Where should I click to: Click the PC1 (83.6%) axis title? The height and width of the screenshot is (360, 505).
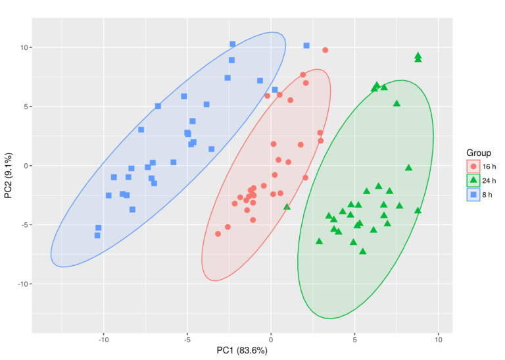click(242, 351)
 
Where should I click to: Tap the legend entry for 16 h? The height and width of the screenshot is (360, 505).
click(473, 166)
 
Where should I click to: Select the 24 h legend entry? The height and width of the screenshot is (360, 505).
click(473, 180)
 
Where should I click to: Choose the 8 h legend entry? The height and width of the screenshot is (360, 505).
click(473, 195)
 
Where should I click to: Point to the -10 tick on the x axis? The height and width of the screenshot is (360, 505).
click(103, 340)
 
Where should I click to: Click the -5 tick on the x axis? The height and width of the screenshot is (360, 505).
click(187, 340)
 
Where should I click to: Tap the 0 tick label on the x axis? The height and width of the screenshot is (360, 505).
click(271, 340)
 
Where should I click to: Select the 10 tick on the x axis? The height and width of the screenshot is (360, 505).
click(439, 340)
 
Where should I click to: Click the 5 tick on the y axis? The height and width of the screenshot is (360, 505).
click(24, 107)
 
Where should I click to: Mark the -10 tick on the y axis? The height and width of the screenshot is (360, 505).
click(21, 284)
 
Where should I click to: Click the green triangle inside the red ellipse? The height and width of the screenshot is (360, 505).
click(287, 207)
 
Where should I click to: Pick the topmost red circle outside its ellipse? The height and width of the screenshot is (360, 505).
click(325, 50)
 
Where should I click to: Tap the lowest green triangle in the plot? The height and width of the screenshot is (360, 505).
click(362, 251)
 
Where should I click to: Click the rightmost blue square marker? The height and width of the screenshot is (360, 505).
click(306, 45)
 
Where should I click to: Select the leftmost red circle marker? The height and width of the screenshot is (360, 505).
click(218, 234)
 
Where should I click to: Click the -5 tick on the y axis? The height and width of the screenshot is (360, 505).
click(22, 225)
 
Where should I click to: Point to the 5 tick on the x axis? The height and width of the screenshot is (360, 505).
click(354, 340)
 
